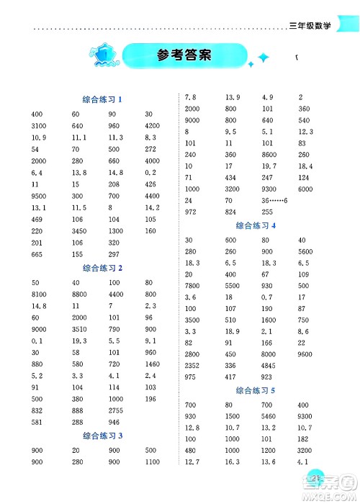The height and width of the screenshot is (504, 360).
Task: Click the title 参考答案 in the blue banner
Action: [x=183, y=56]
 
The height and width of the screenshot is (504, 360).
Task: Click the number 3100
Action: [x=40, y=126]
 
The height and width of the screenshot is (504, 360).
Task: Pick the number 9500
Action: [x=40, y=195]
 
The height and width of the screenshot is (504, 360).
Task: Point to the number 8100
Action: [x=40, y=294]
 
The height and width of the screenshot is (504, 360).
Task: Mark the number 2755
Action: [x=116, y=410]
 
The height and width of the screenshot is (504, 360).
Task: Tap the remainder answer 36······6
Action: [x=275, y=199]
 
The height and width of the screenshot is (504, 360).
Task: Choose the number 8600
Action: [x=269, y=154]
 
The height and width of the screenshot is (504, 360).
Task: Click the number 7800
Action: [x=193, y=286]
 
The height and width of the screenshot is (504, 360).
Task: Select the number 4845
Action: [x=269, y=366]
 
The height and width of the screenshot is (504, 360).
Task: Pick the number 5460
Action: [x=269, y=417]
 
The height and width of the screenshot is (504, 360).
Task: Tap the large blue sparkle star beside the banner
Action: [x=264, y=57]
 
